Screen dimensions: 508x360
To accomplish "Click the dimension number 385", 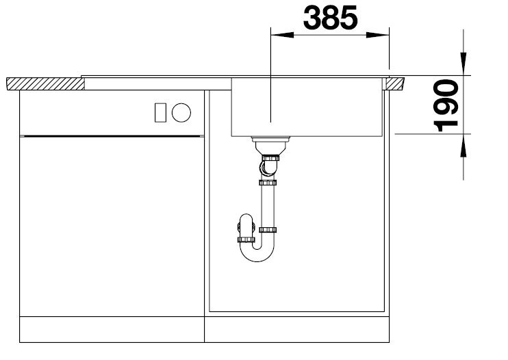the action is point(330,18).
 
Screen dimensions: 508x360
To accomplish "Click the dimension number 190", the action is point(446,106).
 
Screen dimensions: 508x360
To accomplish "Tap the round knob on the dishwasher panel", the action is point(181,112).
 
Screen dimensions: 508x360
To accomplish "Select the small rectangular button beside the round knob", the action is point(160,112).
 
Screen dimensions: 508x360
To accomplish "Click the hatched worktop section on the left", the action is point(45,84).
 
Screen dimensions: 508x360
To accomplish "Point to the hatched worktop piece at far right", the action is point(396,83).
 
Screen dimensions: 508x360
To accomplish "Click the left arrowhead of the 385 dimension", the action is point(282,35).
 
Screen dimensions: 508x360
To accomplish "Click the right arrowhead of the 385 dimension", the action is point(377,35).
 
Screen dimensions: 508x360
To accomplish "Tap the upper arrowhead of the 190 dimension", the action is point(463,64).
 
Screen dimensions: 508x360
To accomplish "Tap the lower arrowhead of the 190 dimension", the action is point(463,145).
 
